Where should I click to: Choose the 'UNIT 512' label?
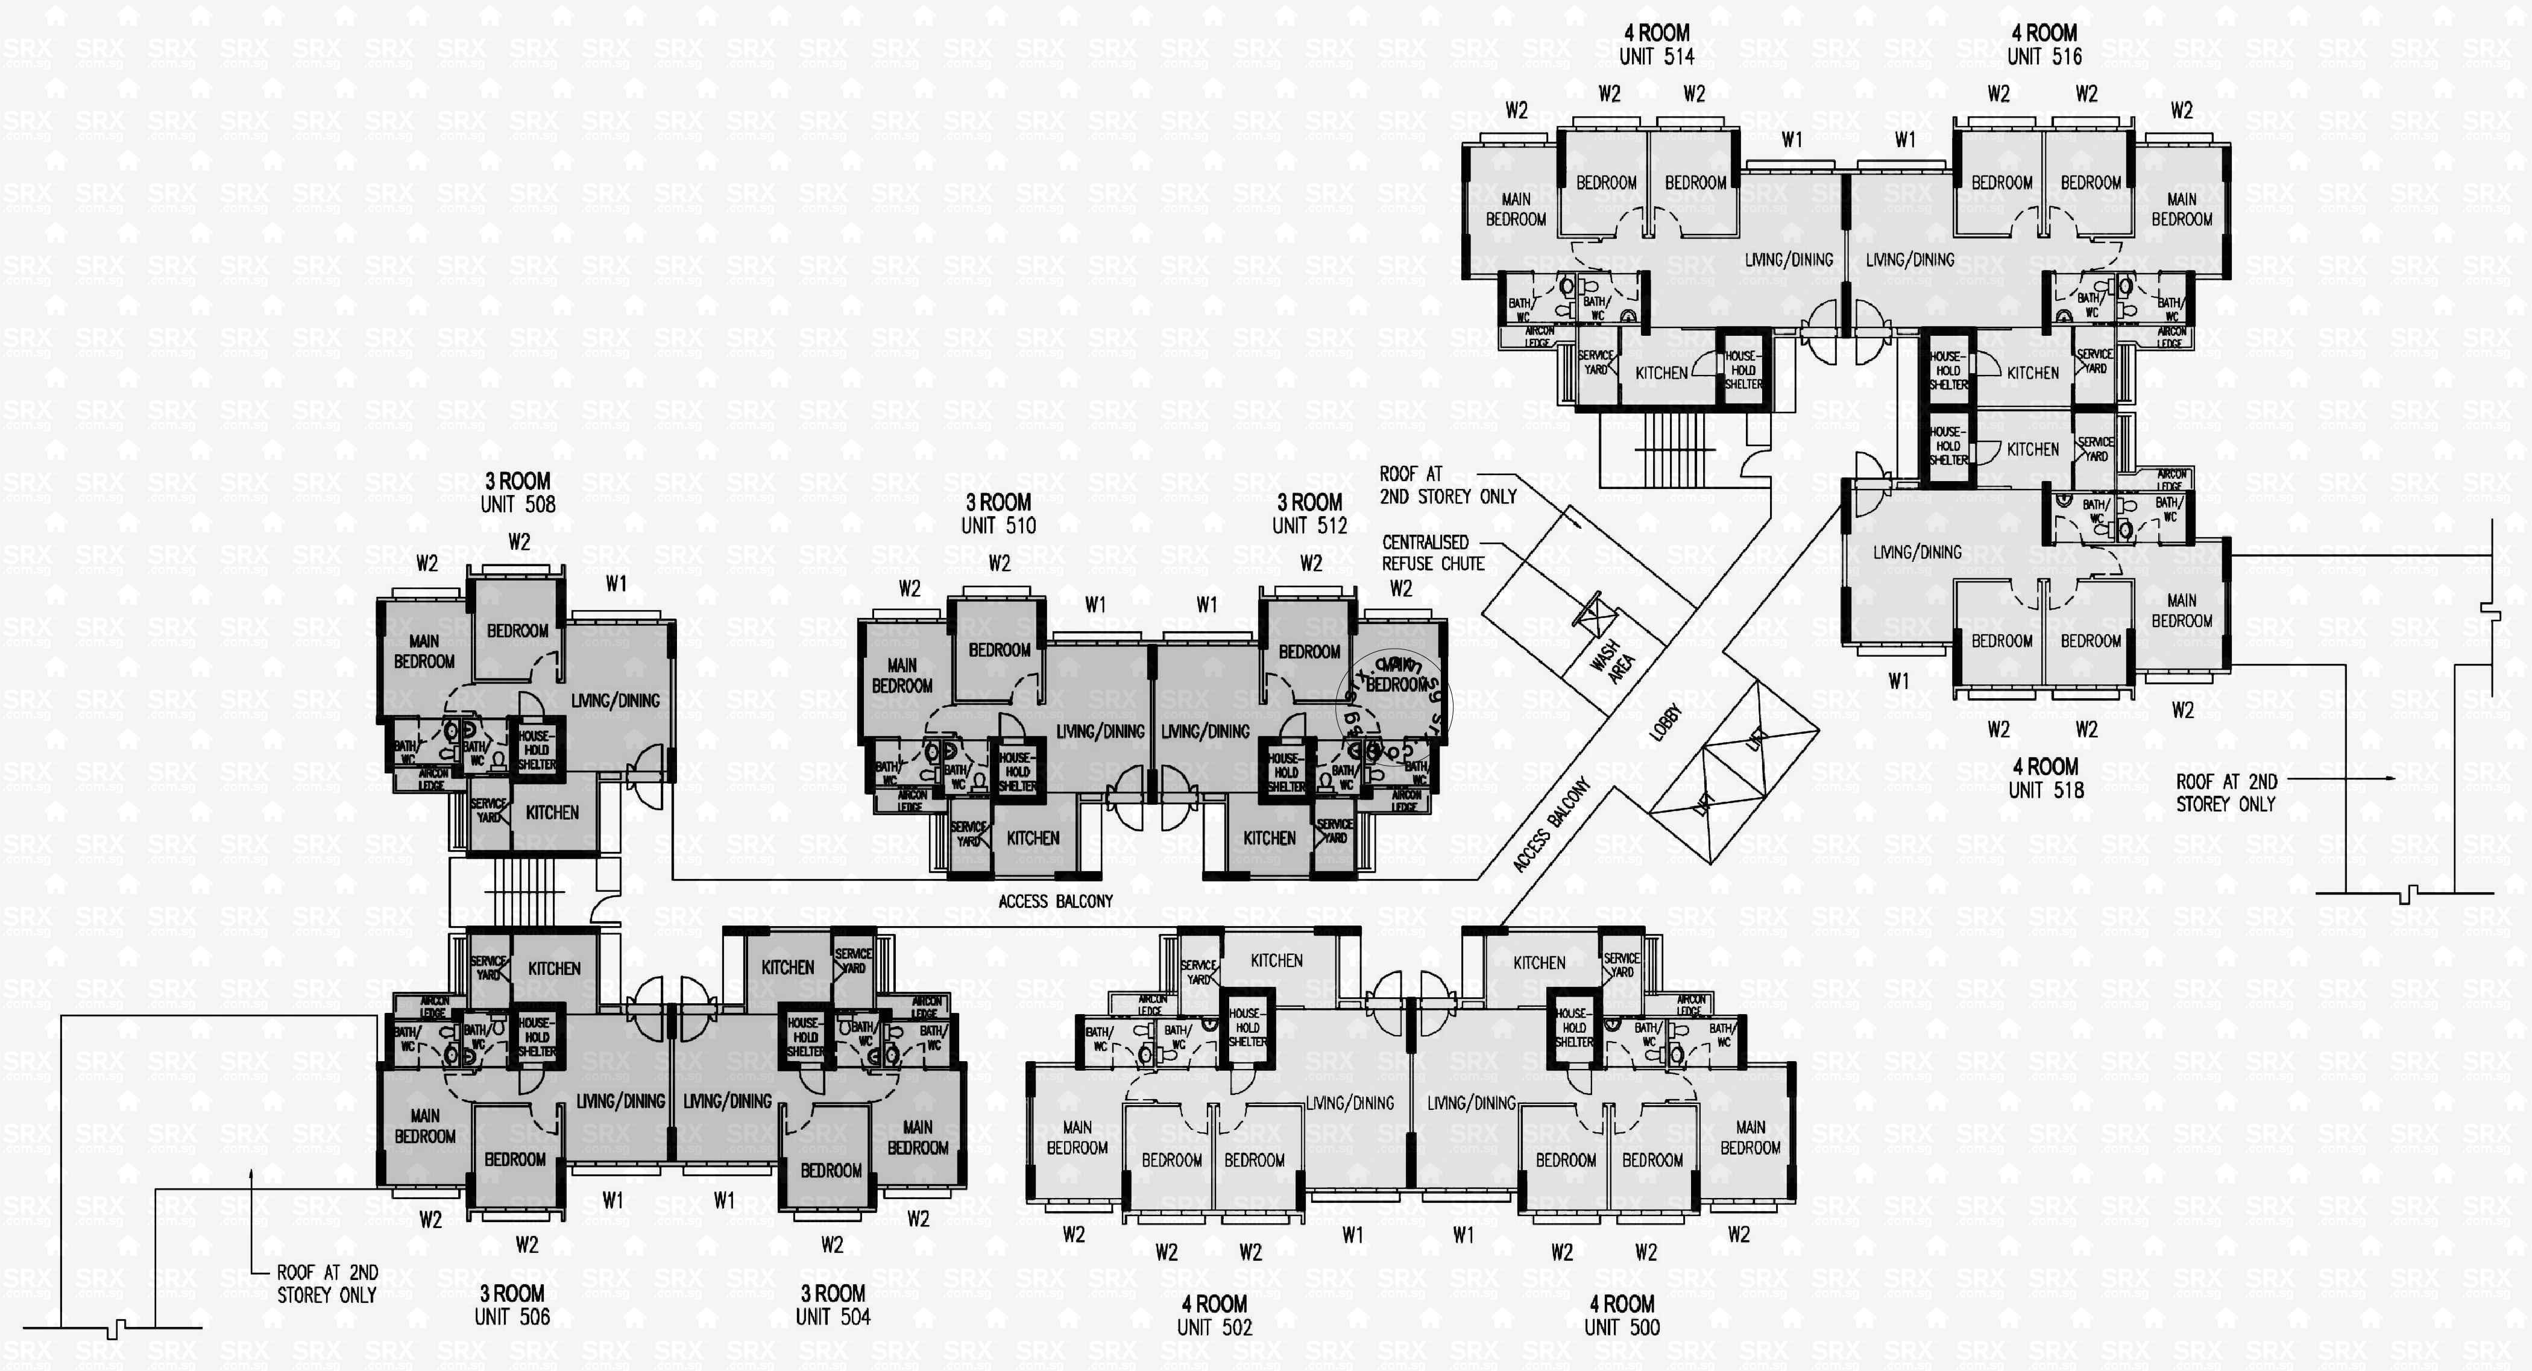pyautogui.click(x=1309, y=526)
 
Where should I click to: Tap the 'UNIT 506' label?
pyautogui.click(x=512, y=1317)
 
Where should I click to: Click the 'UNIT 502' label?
pyautogui.click(x=1214, y=1328)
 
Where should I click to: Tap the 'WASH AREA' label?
pyautogui.click(x=1612, y=660)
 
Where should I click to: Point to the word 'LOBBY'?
pyautogui.click(x=1665, y=722)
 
